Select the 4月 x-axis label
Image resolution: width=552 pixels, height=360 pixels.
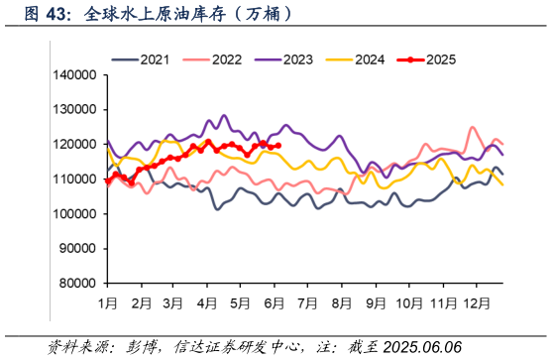pyautogui.click(x=207, y=300)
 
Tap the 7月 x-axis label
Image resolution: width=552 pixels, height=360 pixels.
pyautogui.click(x=307, y=300)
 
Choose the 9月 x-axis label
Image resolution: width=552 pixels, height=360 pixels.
pyautogui.click(x=375, y=300)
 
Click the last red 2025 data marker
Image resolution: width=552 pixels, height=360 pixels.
pyautogui.click(x=278, y=146)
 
